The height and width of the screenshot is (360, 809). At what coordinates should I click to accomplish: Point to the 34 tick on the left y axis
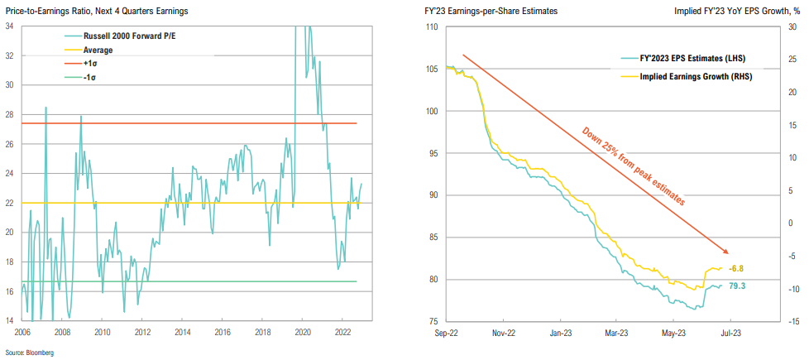coord(10,26)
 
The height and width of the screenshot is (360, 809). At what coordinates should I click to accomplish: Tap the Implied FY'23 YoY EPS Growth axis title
coord(738,11)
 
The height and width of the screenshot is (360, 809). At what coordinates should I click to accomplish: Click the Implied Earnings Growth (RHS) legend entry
coord(684,75)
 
